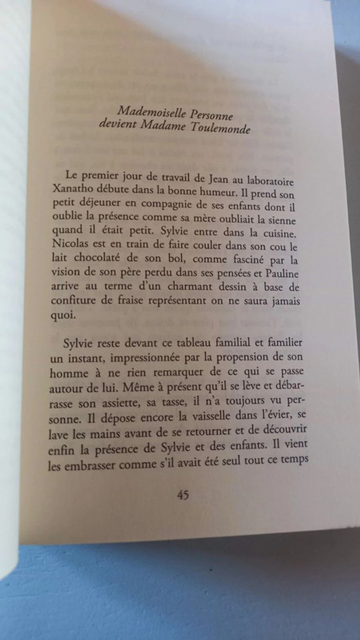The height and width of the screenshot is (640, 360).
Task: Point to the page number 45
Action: pos(183,495)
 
